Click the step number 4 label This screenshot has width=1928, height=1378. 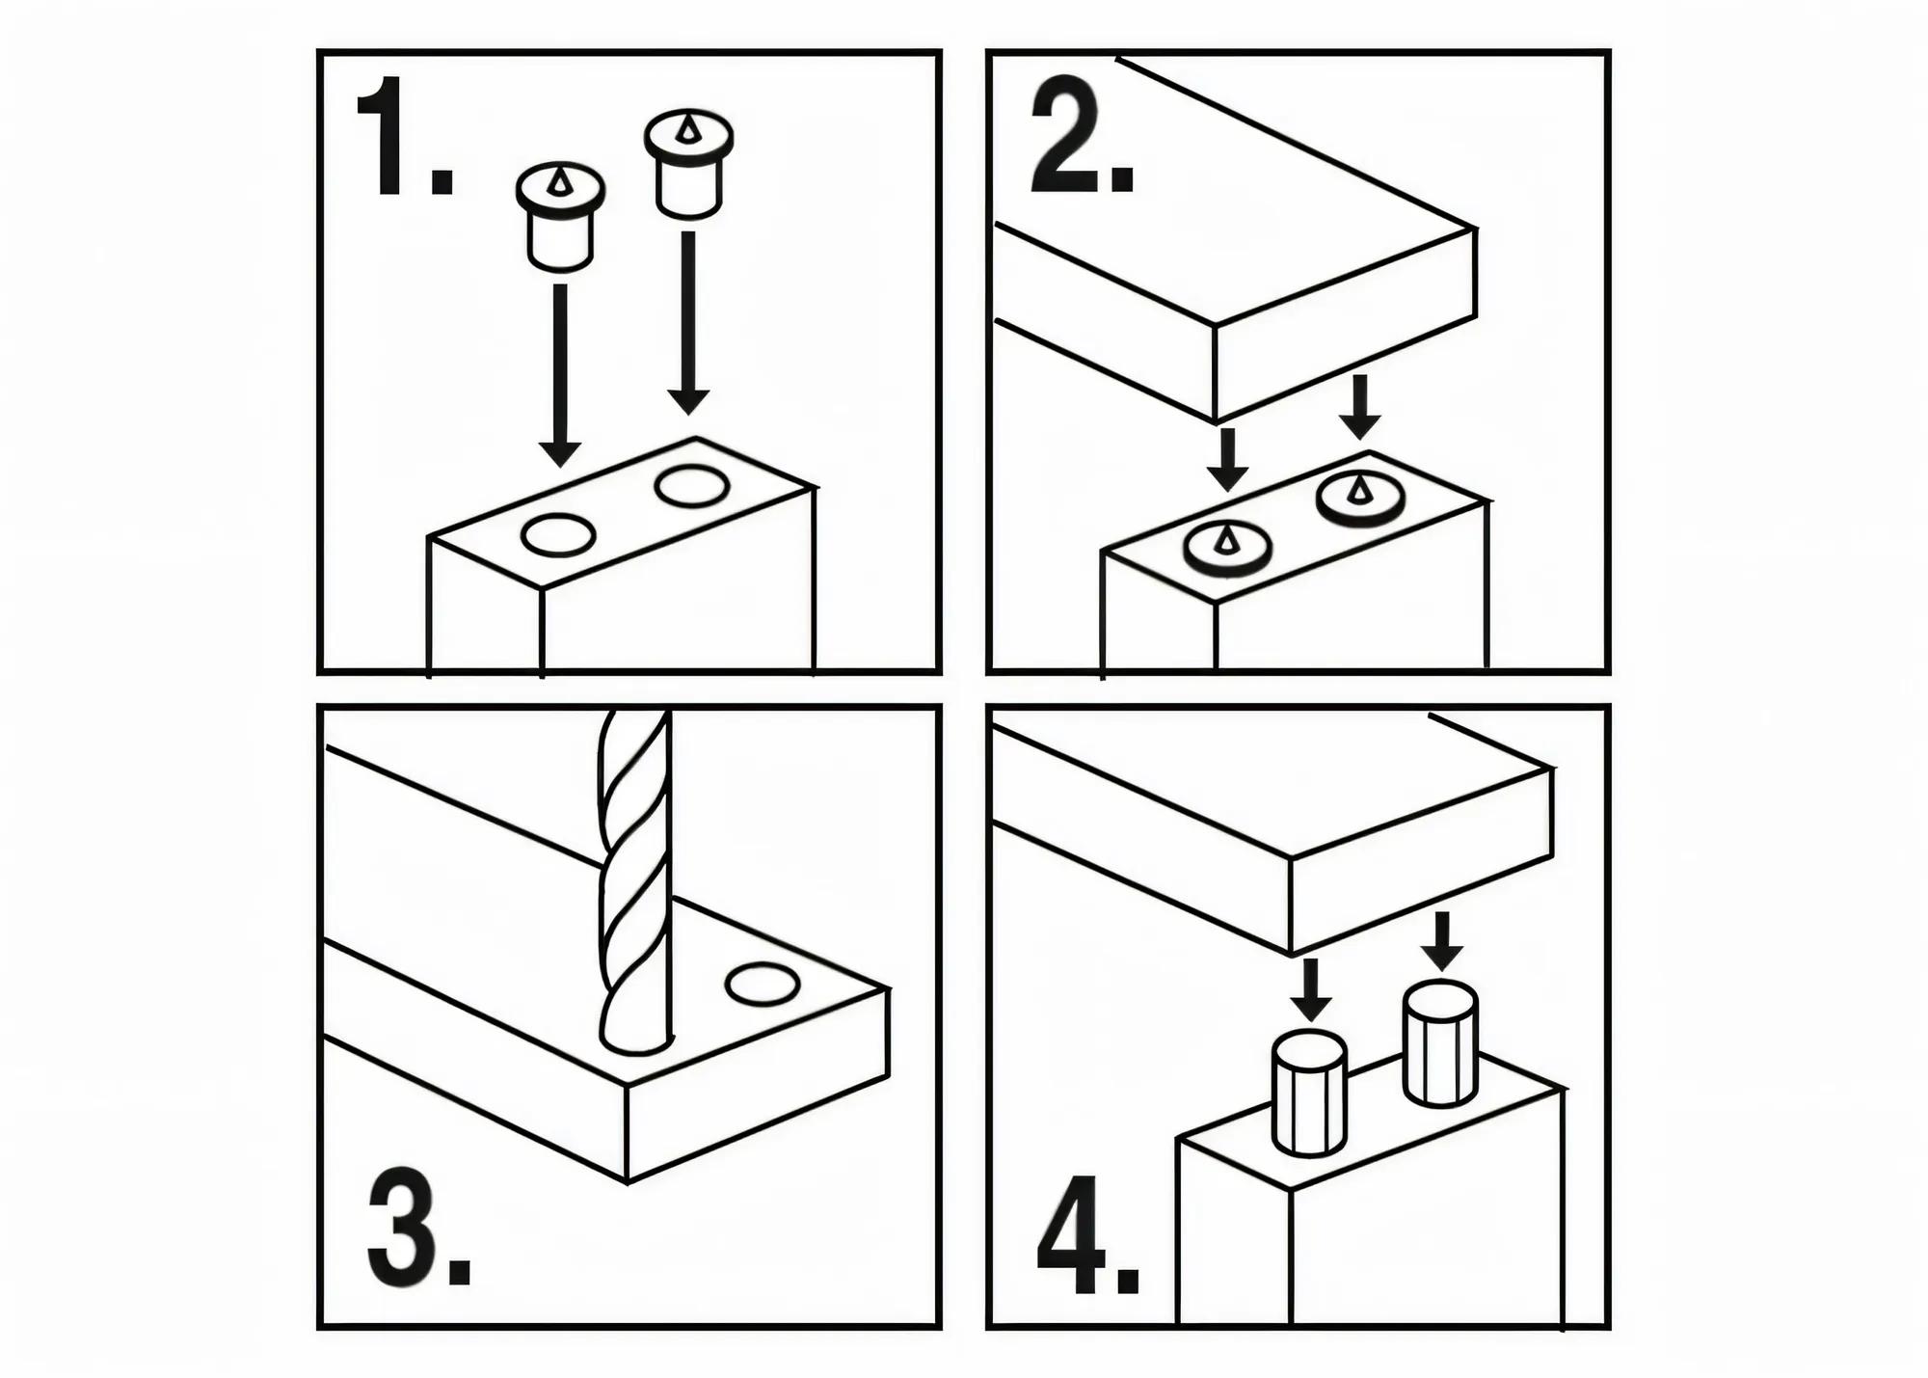click(1086, 1237)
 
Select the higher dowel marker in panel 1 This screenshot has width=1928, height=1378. click(687, 164)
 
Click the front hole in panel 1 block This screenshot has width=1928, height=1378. click(558, 535)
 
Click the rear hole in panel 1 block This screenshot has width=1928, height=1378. click(691, 486)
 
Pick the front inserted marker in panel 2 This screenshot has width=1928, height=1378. click(1227, 549)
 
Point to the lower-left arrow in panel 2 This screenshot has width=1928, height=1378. click(1227, 459)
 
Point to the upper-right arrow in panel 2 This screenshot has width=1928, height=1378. click(1360, 406)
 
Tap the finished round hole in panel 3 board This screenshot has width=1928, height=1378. click(763, 985)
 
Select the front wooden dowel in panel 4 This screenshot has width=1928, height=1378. click(1309, 1094)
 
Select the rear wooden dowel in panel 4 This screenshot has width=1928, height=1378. click(1440, 1043)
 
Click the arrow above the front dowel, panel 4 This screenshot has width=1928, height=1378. click(1310, 989)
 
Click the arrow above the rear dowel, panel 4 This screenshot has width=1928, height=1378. click(1442, 940)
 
